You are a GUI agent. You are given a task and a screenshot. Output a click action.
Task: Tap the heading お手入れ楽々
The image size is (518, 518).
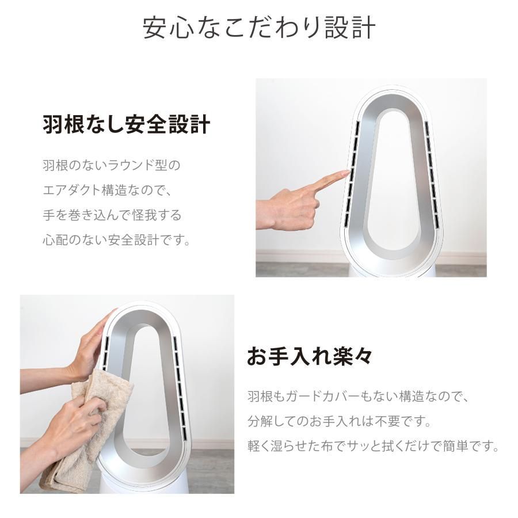coord(309,356)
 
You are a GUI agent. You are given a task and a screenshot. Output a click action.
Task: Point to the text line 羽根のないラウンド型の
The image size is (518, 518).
coord(111,166)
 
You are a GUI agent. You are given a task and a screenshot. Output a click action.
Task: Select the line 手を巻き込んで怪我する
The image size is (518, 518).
coord(111,215)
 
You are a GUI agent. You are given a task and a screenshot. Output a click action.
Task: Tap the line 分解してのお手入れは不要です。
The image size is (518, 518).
coord(339,421)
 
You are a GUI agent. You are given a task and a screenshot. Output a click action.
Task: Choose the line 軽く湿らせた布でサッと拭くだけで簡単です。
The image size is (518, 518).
coord(373,446)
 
